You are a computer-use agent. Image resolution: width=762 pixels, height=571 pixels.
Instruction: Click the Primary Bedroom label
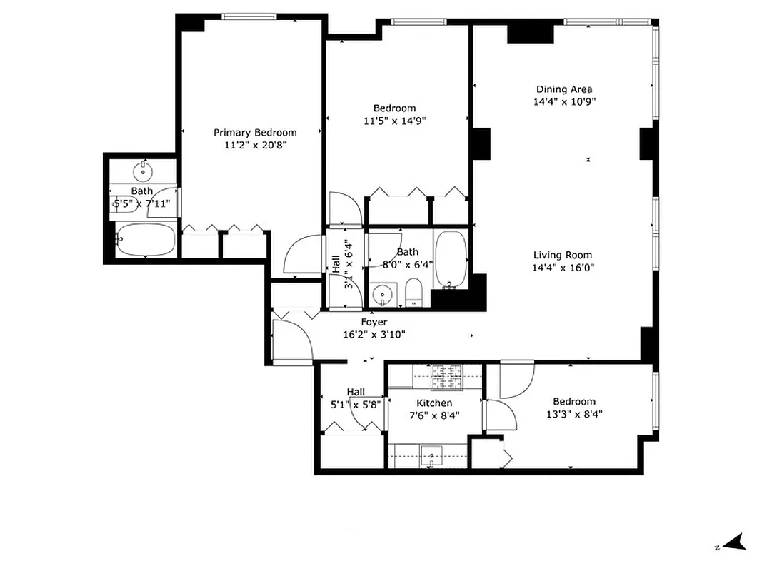tap(255, 132)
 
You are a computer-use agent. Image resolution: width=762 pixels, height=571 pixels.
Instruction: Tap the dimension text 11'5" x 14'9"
tap(395, 121)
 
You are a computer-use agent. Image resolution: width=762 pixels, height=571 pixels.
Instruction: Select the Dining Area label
tap(564, 89)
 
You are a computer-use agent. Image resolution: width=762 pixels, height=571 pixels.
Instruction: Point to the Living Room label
tap(563, 255)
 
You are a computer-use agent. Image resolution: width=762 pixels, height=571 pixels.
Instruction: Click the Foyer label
tap(374, 322)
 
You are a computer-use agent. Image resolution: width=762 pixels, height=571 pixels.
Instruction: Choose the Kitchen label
tap(434, 403)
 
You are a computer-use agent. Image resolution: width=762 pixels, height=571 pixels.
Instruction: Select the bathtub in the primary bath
tap(145, 240)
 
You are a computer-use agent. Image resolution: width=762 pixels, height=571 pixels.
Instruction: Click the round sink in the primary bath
tap(143, 171)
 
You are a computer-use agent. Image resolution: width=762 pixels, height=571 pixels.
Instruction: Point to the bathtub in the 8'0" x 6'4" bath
tap(451, 258)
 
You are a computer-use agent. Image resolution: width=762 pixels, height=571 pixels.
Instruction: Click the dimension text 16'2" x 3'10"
tap(374, 334)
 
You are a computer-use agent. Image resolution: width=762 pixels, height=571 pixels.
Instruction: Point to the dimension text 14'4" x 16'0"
tap(563, 268)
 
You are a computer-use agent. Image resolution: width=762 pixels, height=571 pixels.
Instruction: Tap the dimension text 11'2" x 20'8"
tap(255, 144)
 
